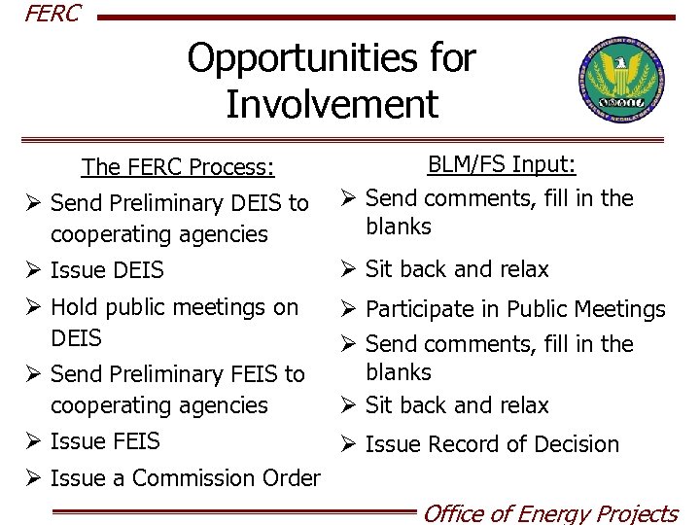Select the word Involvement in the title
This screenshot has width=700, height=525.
coord(332,103)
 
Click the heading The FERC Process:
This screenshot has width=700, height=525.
coord(178,167)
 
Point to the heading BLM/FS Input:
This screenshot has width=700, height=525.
coord(503,164)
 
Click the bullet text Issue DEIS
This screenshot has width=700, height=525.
coord(107,270)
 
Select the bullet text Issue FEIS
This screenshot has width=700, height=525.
coord(105,441)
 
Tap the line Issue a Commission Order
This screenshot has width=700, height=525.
coord(185,478)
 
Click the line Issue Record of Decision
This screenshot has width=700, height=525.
coord(492,444)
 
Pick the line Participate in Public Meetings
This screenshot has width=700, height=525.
coord(515,310)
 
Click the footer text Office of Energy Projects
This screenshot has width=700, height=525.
coord(549,512)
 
